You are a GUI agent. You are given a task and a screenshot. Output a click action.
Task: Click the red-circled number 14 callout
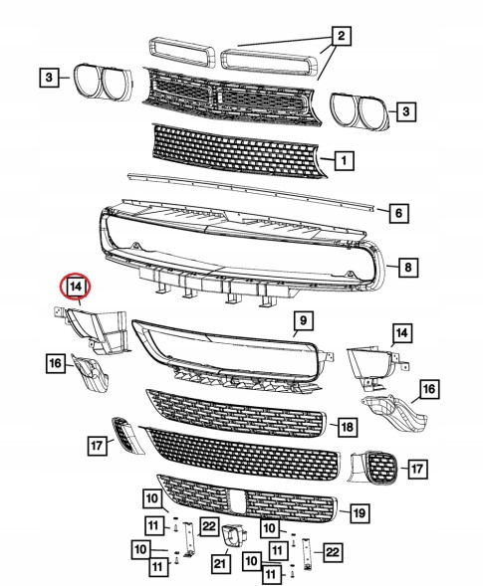pyautogui.click(x=76, y=287)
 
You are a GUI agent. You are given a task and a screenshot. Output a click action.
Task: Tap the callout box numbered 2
pyautogui.click(x=341, y=36)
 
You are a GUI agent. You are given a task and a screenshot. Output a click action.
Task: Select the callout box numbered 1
pyautogui.click(x=344, y=161)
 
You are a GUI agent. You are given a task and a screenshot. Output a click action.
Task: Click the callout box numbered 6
pyautogui.click(x=398, y=213)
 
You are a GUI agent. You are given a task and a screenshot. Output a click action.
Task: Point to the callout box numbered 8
pyautogui.click(x=407, y=267)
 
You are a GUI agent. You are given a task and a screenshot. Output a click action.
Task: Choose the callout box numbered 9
pyautogui.click(x=303, y=320)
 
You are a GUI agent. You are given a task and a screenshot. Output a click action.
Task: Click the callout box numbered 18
pyautogui.click(x=348, y=427)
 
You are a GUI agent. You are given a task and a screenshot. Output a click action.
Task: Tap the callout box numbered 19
pyautogui.click(x=360, y=512)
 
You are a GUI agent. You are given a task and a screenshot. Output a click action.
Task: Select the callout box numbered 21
pyautogui.click(x=220, y=563)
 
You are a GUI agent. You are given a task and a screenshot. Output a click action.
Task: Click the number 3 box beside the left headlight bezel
pyautogui.click(x=49, y=78)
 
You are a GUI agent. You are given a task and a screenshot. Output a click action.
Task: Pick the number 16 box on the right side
pyautogui.click(x=429, y=389)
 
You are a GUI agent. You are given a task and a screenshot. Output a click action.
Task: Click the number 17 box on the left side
pyautogui.click(x=97, y=445)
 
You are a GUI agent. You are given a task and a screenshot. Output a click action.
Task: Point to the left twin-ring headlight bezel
pyautogui.click(x=103, y=82)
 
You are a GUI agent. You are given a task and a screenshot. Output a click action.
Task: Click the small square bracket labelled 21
pyautogui.click(x=234, y=535)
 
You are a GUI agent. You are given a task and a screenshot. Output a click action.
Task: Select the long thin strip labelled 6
pyautogui.click(x=251, y=191)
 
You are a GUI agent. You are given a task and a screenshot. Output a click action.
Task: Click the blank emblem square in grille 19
pyautogui.click(x=236, y=501)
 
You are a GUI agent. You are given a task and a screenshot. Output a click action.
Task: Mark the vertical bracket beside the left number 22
pyautogui.click(x=189, y=538)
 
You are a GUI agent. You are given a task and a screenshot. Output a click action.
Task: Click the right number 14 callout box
pyautogui.click(x=401, y=333)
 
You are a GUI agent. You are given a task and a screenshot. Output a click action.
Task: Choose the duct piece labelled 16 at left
pyautogui.click(x=91, y=373)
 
